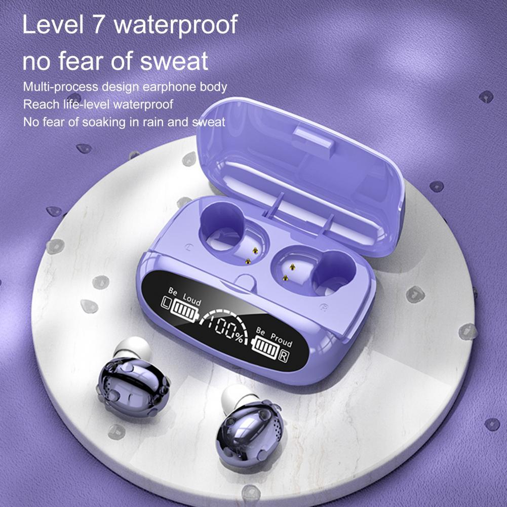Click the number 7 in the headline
pyautogui.click(x=98, y=24)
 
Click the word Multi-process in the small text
pyautogui.click(x=60, y=87)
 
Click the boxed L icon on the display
pyautogui.click(x=166, y=302)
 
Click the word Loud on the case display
pyautogui.click(x=192, y=299)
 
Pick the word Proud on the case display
pyautogui.click(x=282, y=340)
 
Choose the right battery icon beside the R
pyautogui.click(x=265, y=347)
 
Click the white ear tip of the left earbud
pyautogui.click(x=133, y=348)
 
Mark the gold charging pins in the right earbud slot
pyautogui.click(x=289, y=272)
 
